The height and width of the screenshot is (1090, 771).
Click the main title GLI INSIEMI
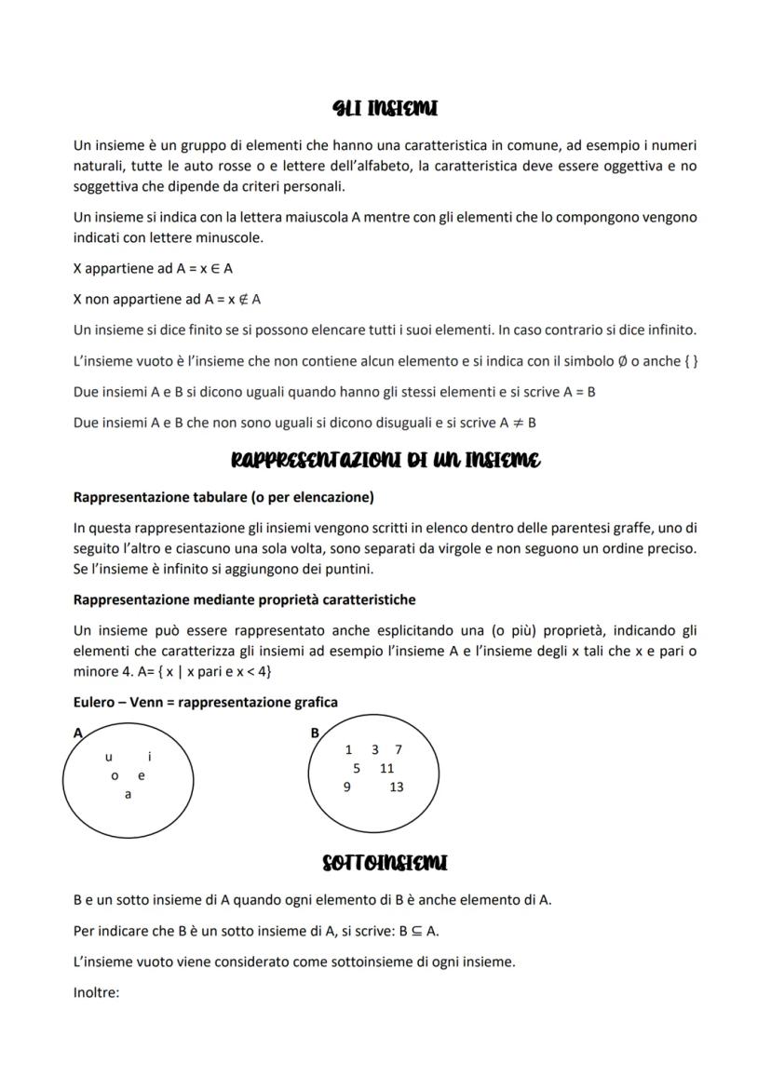[385, 109]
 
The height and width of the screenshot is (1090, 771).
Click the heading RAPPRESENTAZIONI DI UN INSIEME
[385, 460]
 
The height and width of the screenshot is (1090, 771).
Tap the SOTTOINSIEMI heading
[385, 863]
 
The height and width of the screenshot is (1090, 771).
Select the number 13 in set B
[397, 787]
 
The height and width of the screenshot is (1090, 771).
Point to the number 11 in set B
[387, 768]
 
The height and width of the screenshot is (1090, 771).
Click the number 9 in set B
[347, 787]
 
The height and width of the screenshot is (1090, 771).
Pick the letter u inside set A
[109, 758]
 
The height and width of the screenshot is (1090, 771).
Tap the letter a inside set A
[128, 794]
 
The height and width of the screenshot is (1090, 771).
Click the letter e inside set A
[142, 775]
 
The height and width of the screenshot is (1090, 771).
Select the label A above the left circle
[78, 733]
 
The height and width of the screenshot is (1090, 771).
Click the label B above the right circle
[315, 733]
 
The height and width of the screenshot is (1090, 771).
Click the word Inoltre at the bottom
[97, 992]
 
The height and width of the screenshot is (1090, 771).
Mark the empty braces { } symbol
[691, 360]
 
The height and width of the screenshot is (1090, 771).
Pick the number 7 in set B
[399, 749]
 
